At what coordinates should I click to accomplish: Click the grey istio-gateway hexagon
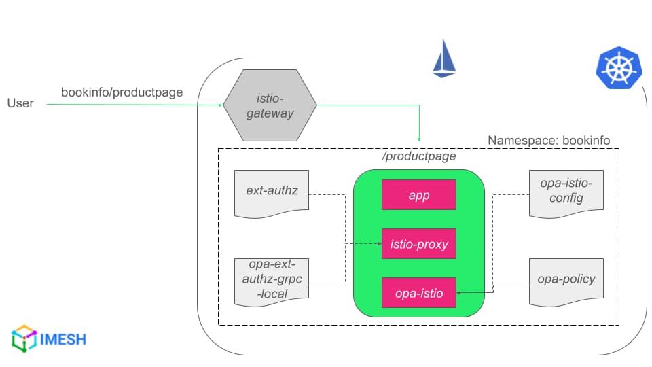click(270, 105)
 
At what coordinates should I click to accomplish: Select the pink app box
click(419, 195)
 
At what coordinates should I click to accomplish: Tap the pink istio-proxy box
click(419, 244)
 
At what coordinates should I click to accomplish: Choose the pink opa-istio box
click(419, 293)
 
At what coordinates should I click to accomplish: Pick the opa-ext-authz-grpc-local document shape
click(272, 282)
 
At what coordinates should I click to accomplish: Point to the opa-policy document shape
click(566, 282)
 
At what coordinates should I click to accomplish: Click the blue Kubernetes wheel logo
click(619, 68)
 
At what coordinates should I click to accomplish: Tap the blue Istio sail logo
click(444, 58)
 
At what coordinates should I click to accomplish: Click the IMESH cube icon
click(24, 338)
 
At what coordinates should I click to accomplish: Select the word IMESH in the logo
click(62, 340)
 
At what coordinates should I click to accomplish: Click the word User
click(20, 103)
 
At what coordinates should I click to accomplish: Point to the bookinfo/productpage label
click(122, 92)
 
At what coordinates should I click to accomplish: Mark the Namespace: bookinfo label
click(549, 140)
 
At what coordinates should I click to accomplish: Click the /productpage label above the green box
click(419, 156)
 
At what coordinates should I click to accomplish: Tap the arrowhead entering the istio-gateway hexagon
click(220, 105)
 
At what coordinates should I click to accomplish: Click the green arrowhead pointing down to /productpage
click(419, 139)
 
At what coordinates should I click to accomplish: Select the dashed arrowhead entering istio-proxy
click(380, 244)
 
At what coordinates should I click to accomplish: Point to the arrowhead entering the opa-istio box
click(458, 293)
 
